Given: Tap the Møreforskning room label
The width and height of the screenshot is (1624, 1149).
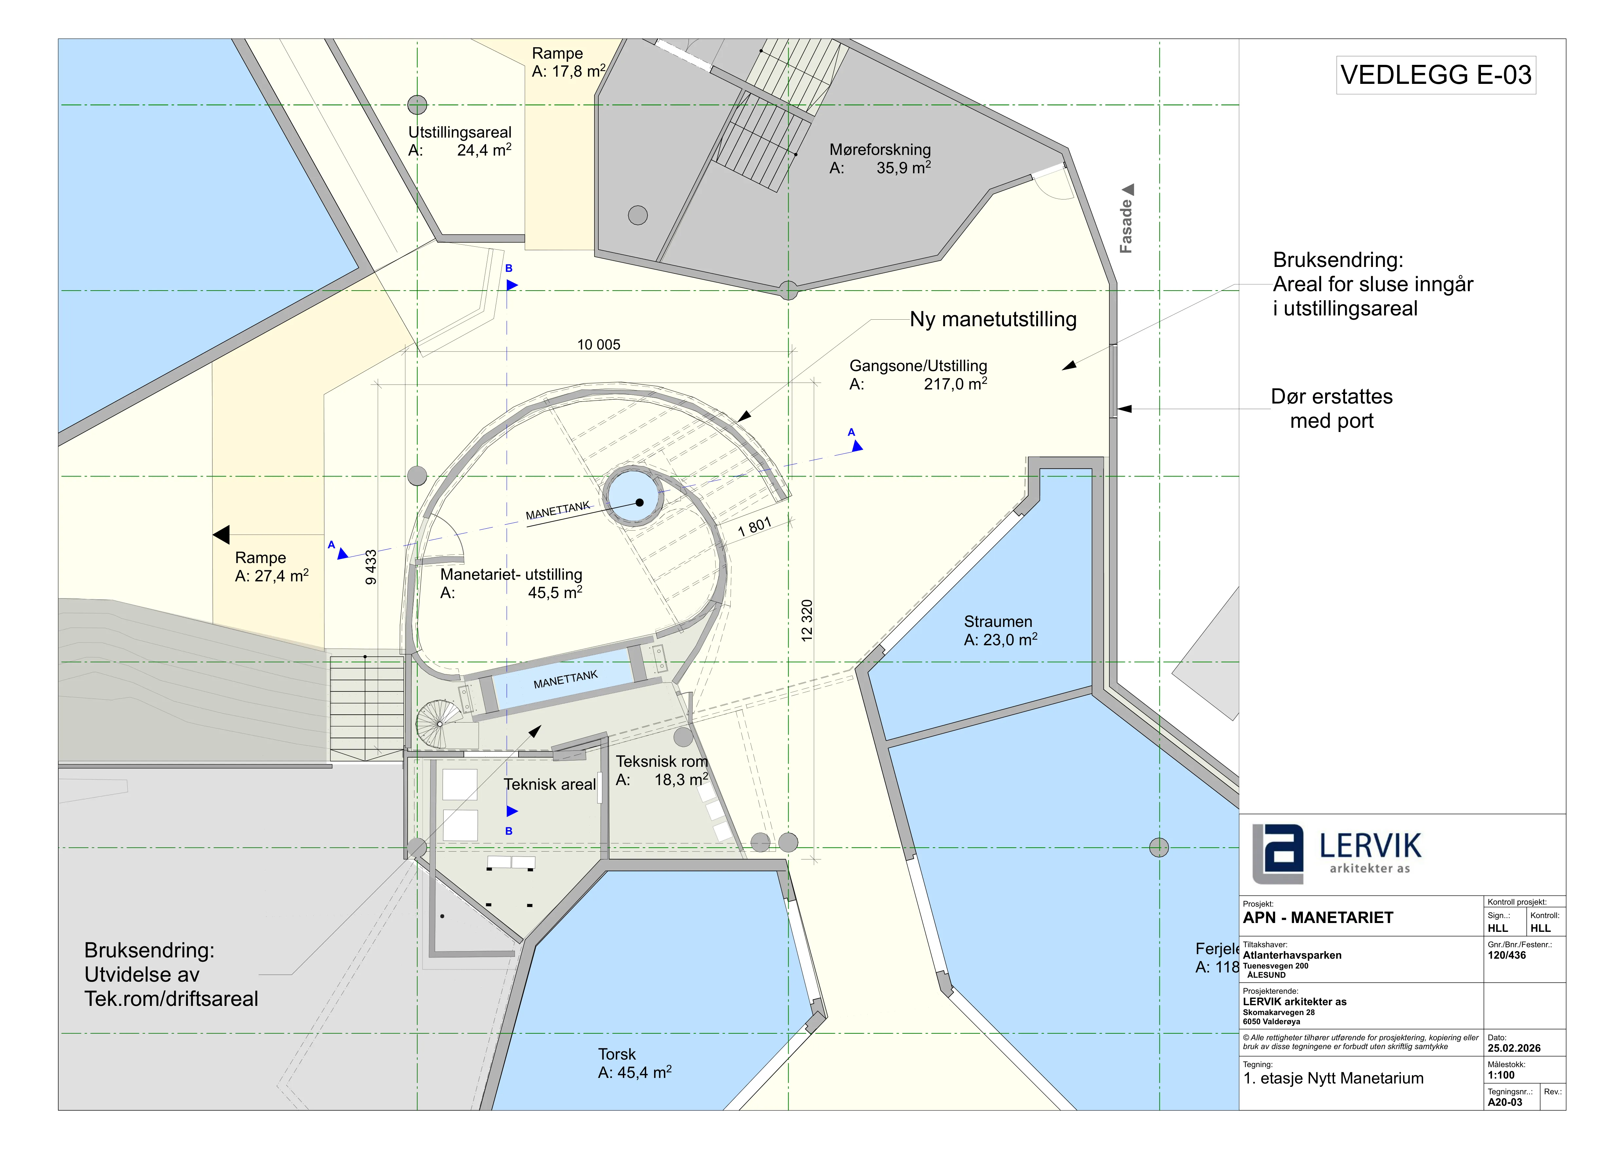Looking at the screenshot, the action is click(880, 159).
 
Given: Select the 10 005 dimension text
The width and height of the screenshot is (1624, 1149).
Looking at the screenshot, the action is click(598, 345).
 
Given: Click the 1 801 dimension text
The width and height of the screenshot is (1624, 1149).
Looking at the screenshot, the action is click(754, 527).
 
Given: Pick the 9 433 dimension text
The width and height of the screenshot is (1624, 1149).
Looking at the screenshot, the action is click(371, 567).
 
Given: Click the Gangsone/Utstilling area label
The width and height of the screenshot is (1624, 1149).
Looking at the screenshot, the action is click(918, 375).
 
